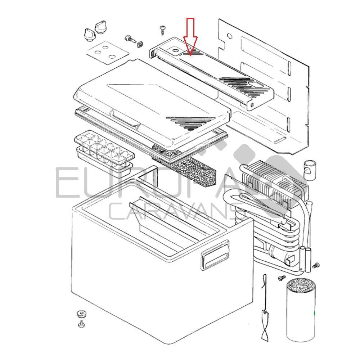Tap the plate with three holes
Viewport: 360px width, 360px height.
tap(107, 52)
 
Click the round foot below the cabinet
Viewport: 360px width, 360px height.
tap(81, 313)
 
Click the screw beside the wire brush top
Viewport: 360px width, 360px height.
tap(282, 278)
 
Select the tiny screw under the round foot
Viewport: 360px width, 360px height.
tap(82, 324)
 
